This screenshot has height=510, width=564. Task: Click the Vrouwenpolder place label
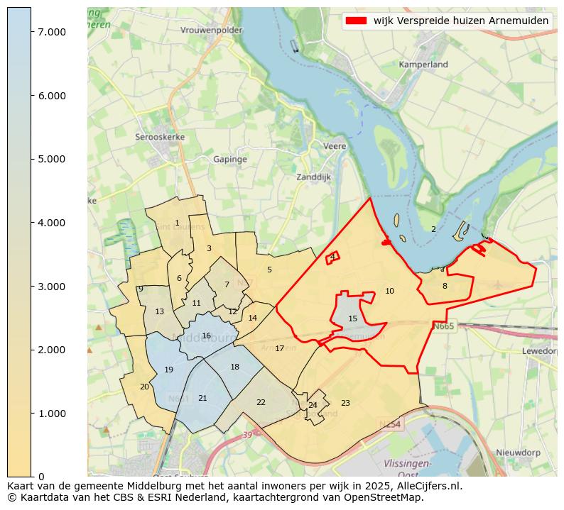click(x=211, y=30)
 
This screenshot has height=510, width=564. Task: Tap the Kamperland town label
click(x=423, y=65)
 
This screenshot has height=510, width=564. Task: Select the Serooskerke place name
click(x=160, y=136)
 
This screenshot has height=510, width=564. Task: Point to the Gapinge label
click(x=230, y=160)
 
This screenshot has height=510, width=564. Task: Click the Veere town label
click(x=335, y=146)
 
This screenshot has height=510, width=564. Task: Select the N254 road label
click(x=390, y=424)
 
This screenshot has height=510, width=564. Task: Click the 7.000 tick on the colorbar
click(x=52, y=32)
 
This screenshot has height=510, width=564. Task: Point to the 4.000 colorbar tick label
click(x=52, y=223)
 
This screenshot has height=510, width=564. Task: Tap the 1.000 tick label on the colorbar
click(x=52, y=414)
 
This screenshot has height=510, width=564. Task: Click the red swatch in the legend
click(x=357, y=21)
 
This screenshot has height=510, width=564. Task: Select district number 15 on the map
click(x=352, y=319)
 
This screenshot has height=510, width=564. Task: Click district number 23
click(x=345, y=403)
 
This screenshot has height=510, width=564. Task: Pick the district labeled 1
click(x=177, y=223)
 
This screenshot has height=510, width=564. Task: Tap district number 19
click(x=168, y=370)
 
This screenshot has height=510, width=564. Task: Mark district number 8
click(x=445, y=286)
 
